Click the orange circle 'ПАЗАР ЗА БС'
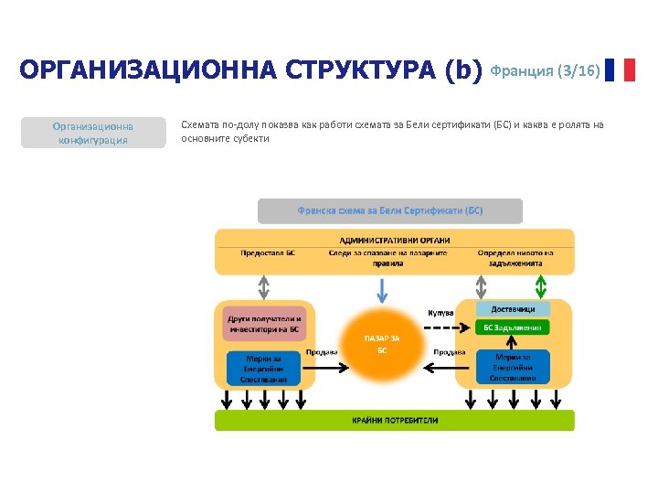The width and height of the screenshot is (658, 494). [382, 345]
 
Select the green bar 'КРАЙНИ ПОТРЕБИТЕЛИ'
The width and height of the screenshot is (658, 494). [395, 421]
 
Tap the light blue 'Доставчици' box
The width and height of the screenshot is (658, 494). [513, 309]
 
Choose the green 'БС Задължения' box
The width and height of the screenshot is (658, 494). [513, 328]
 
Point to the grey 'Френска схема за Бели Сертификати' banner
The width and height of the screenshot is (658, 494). [390, 211]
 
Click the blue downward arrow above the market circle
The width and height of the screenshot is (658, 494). [382, 289]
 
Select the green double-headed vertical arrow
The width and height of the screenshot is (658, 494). [541, 287]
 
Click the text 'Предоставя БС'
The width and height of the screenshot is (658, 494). [268, 252]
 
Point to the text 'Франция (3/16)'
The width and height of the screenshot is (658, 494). [546, 70]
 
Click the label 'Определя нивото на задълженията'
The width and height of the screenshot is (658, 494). [515, 257]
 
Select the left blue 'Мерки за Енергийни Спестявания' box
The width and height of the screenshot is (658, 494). [263, 369]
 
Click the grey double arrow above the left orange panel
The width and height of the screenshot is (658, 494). [263, 287]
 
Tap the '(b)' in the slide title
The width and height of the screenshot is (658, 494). [462, 70]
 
